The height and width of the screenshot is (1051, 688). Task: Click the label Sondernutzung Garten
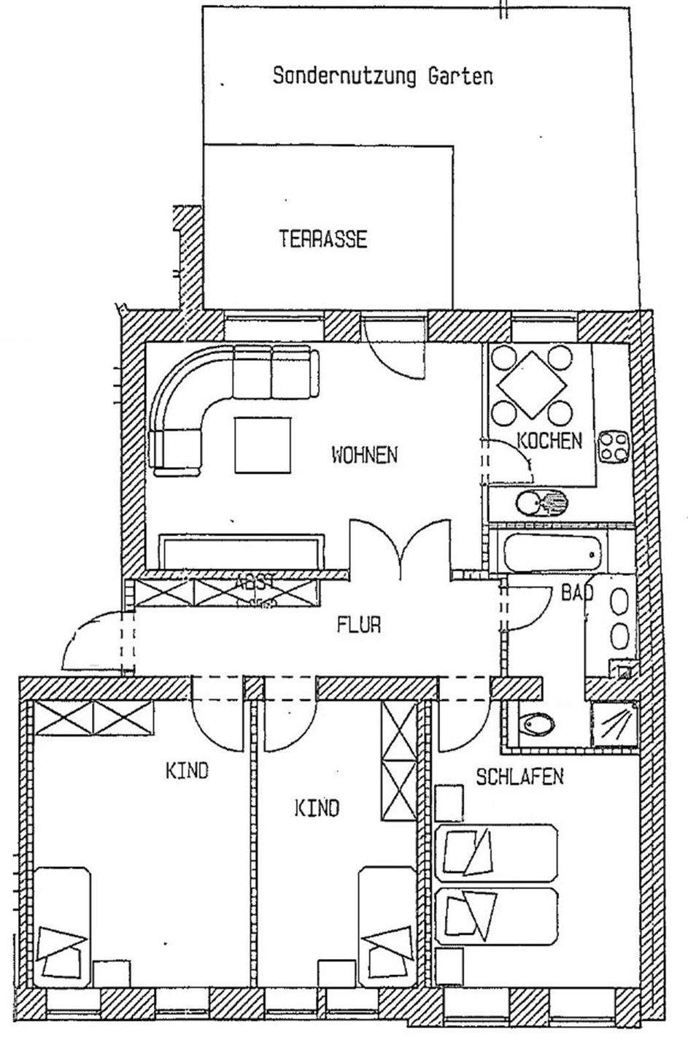[382, 76]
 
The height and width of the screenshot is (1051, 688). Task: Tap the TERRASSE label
[323, 239]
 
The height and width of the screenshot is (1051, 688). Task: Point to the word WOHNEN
[365, 455]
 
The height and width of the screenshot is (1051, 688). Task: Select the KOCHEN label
[549, 441]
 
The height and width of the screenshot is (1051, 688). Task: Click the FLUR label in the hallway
[359, 625]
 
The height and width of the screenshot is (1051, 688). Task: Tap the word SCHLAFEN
[519, 776]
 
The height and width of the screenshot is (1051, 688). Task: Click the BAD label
[576, 592]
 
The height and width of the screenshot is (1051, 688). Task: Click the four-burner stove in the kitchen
[614, 447]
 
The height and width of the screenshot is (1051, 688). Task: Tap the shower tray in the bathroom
[613, 725]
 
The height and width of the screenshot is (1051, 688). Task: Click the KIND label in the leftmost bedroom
[187, 771]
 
